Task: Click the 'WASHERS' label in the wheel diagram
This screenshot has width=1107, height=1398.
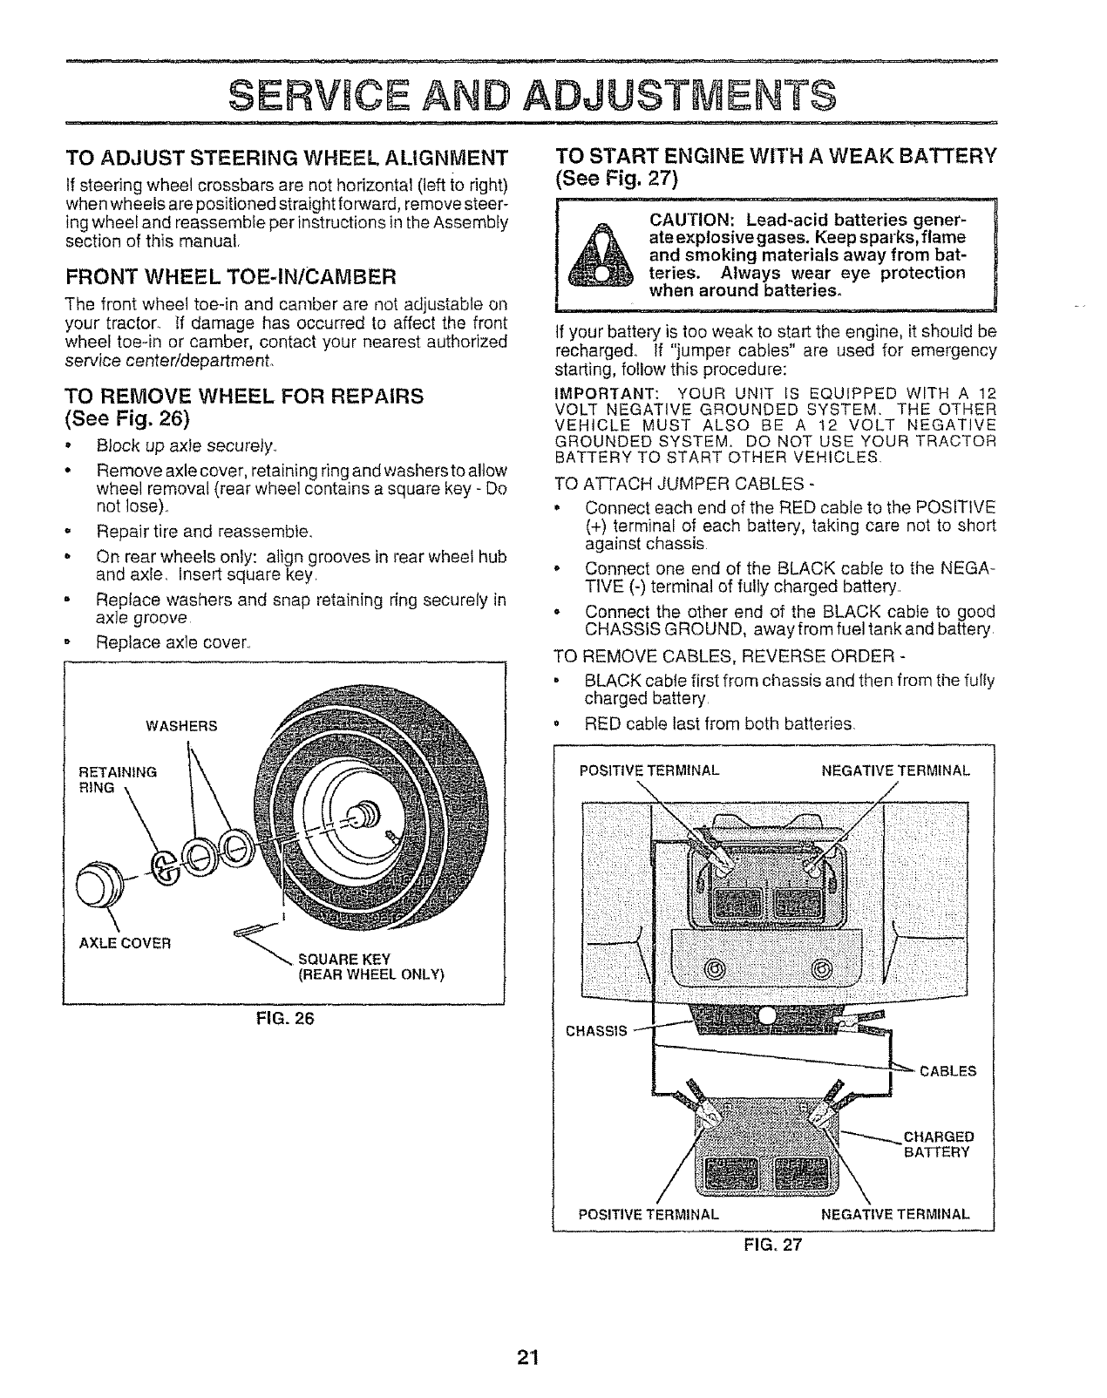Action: click(181, 725)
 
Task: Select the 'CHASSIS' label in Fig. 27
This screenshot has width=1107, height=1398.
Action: click(596, 1031)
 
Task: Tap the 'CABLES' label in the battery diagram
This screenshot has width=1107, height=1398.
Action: click(947, 1070)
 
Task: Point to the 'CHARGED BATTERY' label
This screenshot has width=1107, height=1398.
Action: click(937, 1144)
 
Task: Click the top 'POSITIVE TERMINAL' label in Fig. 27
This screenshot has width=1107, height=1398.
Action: click(649, 770)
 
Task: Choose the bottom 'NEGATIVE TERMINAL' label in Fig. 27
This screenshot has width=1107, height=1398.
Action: click(896, 1213)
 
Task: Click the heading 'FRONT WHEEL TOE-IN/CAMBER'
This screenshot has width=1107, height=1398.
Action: click(231, 278)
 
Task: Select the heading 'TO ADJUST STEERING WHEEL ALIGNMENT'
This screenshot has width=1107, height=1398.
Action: click(287, 159)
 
